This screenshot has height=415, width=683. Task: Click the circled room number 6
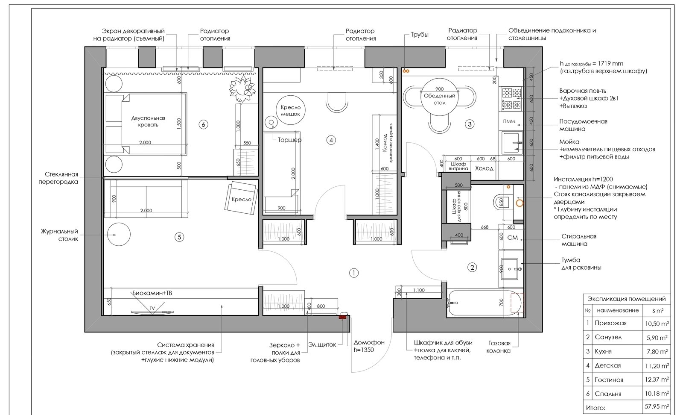[203, 124]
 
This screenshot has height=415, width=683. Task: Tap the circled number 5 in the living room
[179, 237]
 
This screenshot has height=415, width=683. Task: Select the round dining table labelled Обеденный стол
[439, 97]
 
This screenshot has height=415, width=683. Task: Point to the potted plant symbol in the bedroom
[242, 88]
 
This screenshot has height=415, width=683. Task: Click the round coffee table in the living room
[119, 235]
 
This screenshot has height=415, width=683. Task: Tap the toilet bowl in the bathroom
[502, 202]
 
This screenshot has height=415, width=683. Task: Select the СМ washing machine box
[511, 237]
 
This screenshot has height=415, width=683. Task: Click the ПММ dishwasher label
[509, 121]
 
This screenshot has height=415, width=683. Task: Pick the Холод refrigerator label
[484, 168]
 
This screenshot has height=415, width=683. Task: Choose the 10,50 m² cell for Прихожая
[657, 324]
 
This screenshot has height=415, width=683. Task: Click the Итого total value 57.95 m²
[657, 407]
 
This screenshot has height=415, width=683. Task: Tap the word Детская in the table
[608, 365]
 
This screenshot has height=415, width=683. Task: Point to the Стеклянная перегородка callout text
[58, 178]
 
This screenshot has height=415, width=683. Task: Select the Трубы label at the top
[419, 35]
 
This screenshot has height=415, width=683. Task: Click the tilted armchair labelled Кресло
[241, 198]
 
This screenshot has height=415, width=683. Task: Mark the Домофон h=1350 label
[369, 346]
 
